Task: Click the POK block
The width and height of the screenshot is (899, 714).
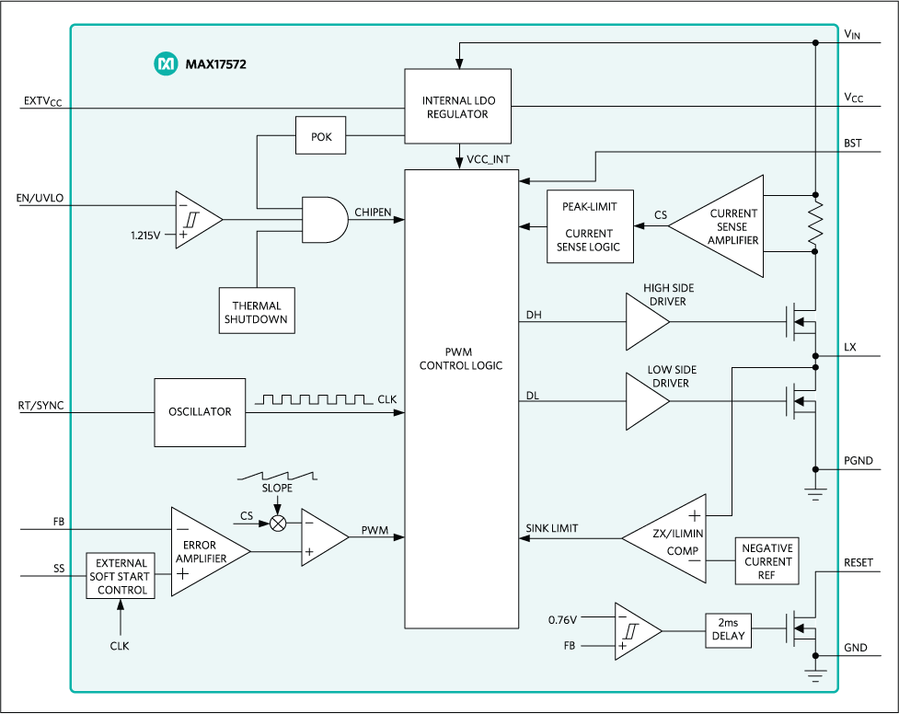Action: pyautogui.click(x=320, y=135)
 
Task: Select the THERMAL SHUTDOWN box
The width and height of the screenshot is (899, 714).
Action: pyautogui.click(x=257, y=310)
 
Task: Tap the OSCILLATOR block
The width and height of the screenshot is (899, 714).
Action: pyautogui.click(x=200, y=412)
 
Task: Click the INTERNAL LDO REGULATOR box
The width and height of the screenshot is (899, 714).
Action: pyautogui.click(x=457, y=106)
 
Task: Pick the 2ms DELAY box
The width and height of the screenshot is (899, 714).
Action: pyautogui.click(x=728, y=630)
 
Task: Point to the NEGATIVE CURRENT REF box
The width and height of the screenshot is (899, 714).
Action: pyautogui.click(x=767, y=561)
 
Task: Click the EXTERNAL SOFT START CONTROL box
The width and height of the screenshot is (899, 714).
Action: pyautogui.click(x=121, y=576)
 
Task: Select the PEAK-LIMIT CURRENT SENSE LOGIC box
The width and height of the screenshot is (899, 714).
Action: pyautogui.click(x=590, y=226)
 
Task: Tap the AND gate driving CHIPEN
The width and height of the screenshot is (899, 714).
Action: pyautogui.click(x=325, y=220)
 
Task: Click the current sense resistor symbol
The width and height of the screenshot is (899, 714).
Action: pyautogui.click(x=815, y=223)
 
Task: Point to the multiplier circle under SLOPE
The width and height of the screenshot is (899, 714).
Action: pyautogui.click(x=278, y=523)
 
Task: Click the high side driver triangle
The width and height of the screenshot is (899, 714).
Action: pyautogui.click(x=647, y=322)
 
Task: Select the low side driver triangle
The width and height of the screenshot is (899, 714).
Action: pyautogui.click(x=647, y=401)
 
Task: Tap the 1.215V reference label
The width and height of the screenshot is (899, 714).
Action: pyautogui.click(x=145, y=236)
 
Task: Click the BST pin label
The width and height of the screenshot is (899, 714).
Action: pyautogui.click(x=853, y=143)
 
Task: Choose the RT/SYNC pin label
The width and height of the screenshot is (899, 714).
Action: pyautogui.click(x=40, y=406)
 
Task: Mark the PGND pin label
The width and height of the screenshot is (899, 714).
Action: pyautogui.click(x=859, y=461)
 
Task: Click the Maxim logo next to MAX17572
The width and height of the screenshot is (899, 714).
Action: pyautogui.click(x=166, y=63)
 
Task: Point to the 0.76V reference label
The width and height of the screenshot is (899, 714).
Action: pyautogui.click(x=562, y=619)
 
